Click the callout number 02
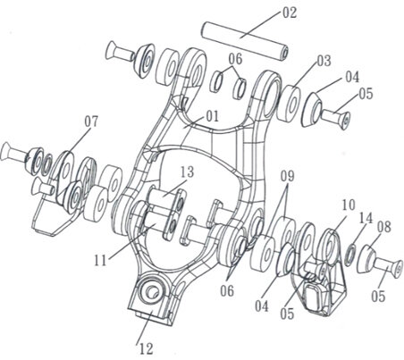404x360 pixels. pos(290,13)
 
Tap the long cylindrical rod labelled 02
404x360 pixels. pos(245,41)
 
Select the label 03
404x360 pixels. pos(324,61)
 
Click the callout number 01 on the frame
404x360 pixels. pos(212,116)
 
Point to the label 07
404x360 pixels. pos(91,121)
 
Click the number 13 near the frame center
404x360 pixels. pos(187,172)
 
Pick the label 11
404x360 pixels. pos(100,261)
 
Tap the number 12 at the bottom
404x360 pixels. pos(146,348)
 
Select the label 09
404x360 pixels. pos(287,176)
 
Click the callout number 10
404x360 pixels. pos(349,205)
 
